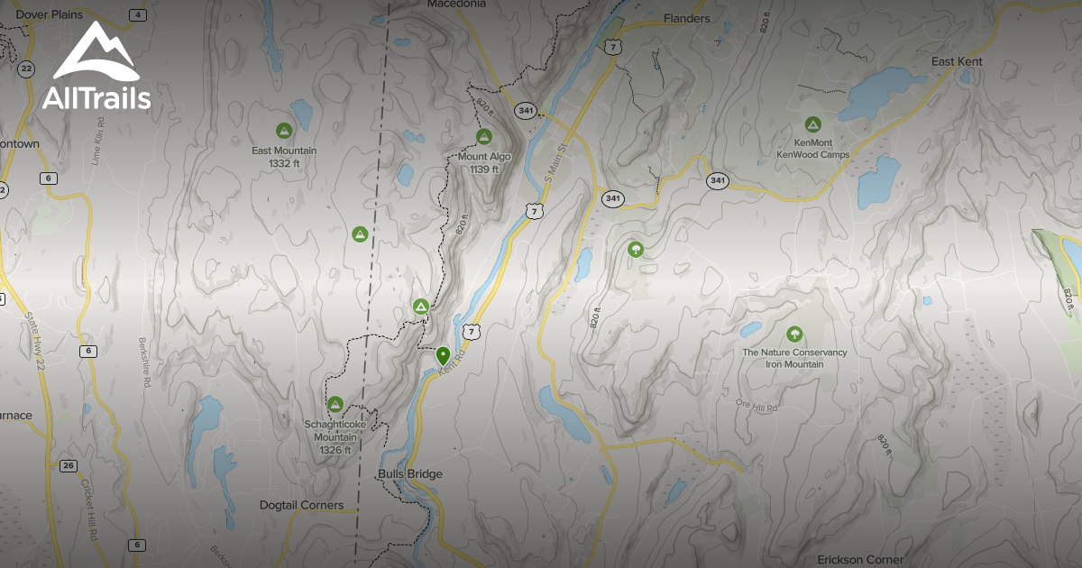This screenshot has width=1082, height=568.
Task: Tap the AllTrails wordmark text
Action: point(96,97)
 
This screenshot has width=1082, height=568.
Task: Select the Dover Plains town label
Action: point(50,14)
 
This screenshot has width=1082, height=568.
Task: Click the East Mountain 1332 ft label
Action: point(284,157)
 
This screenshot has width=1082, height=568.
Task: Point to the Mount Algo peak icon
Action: point(483,136)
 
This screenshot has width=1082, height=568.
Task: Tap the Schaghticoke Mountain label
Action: point(335,430)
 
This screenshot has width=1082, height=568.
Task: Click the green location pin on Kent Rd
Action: point(443,355)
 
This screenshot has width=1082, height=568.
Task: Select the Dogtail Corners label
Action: point(301,505)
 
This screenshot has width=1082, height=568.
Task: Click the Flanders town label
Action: point(686,18)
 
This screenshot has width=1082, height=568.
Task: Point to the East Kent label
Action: point(957,61)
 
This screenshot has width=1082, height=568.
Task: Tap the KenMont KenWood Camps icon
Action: point(812,124)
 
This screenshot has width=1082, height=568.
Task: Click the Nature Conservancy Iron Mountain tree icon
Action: point(794,334)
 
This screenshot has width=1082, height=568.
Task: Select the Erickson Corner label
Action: point(860,559)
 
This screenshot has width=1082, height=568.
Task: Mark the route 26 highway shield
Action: point(69,465)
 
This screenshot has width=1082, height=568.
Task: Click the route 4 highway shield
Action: point(137,14)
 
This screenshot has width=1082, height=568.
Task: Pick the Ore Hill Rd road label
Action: point(755,406)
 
